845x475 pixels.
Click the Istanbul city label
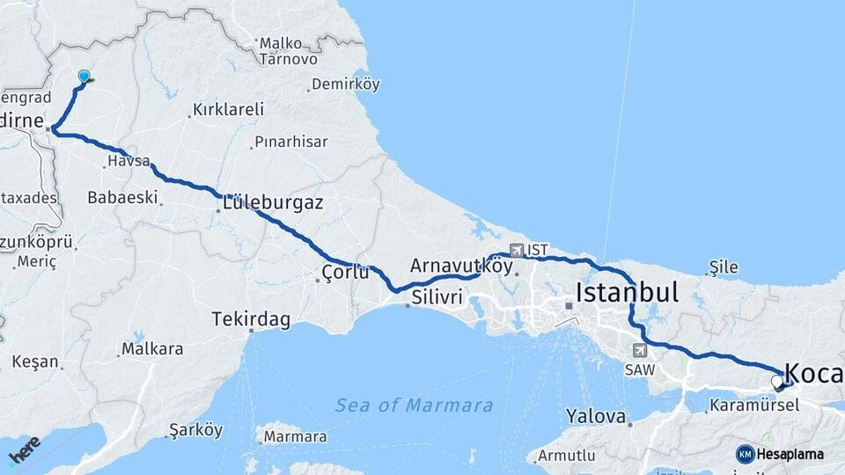point(627,293)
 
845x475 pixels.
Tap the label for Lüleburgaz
point(273,203)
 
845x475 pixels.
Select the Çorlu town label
point(345,272)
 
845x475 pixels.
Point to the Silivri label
point(437,297)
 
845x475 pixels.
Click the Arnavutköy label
point(460,265)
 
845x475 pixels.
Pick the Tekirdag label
point(251,319)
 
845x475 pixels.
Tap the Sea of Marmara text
point(414,405)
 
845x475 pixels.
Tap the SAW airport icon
point(638,350)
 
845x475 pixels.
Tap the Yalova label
point(596,416)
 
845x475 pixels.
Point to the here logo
point(25,450)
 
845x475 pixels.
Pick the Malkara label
point(152,349)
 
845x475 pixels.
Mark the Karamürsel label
point(754,406)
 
